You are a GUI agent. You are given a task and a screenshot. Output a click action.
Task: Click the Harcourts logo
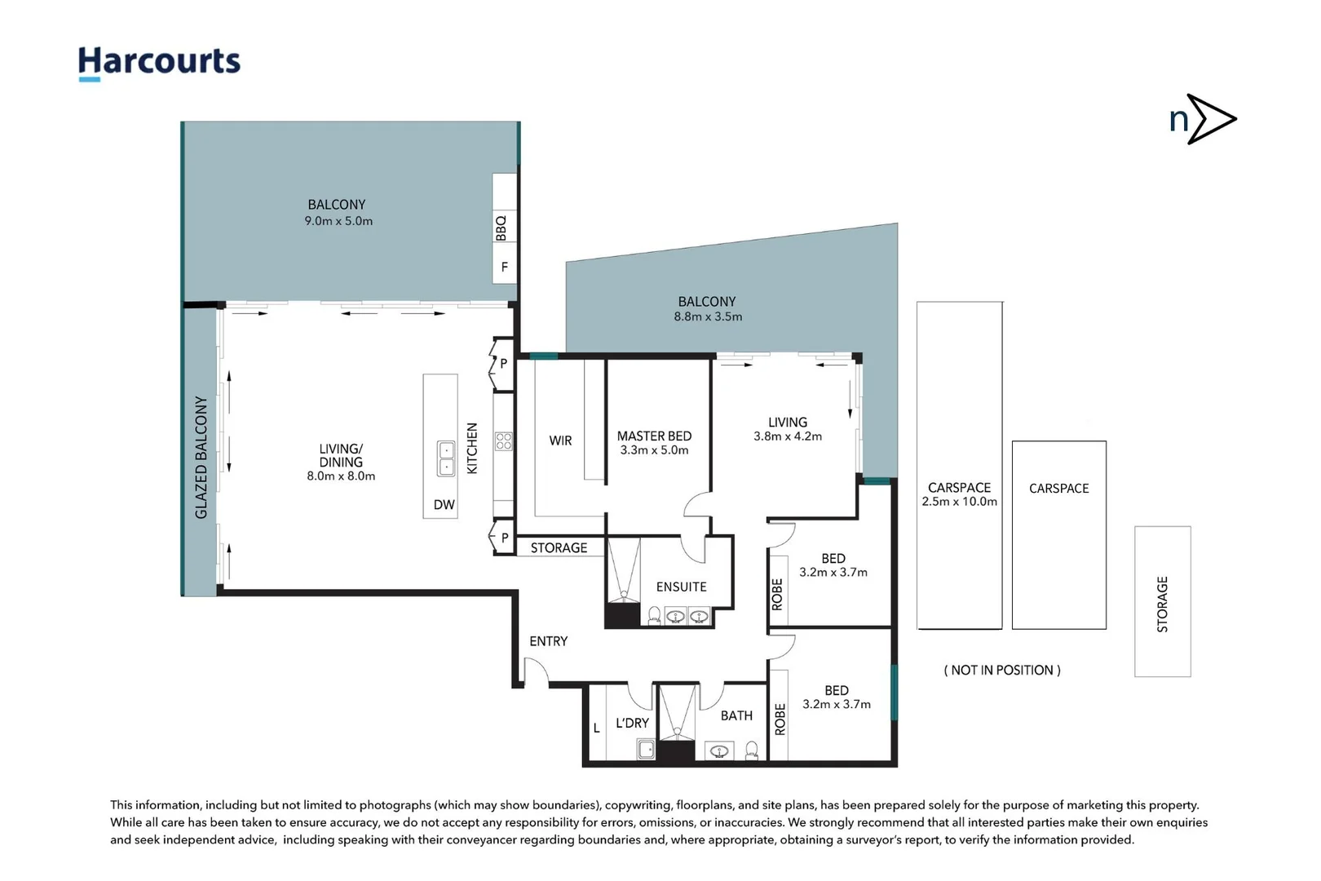[159, 63]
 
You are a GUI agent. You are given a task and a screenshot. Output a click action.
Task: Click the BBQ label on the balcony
[501, 228]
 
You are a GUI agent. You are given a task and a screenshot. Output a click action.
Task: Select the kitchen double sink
[446, 458]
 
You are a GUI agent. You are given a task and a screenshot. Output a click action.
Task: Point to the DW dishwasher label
[444, 504]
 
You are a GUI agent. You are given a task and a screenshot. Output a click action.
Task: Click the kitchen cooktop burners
[504, 440]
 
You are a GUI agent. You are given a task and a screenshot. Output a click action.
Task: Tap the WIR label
[560, 440]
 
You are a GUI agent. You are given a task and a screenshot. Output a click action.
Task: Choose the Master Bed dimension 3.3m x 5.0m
[654, 450]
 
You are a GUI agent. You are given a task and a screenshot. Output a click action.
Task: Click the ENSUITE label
[681, 587]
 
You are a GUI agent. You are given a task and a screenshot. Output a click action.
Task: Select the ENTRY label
[549, 641]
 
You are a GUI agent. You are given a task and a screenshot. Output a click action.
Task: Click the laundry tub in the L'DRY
[646, 749]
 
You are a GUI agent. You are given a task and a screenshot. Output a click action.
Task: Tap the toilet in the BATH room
[751, 750]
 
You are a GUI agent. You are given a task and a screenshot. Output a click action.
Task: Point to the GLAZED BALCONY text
[201, 458]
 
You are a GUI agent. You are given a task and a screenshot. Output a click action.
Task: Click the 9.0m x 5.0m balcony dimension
[338, 221]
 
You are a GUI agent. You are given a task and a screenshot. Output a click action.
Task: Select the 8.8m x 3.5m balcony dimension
[708, 317]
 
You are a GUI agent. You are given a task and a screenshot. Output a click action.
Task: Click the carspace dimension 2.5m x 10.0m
[960, 502]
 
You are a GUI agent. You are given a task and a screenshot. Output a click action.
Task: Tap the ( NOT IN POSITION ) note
[1002, 671]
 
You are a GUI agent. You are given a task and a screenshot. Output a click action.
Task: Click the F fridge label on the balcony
[504, 268]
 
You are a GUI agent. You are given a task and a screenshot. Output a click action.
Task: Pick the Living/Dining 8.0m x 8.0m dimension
[341, 476]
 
